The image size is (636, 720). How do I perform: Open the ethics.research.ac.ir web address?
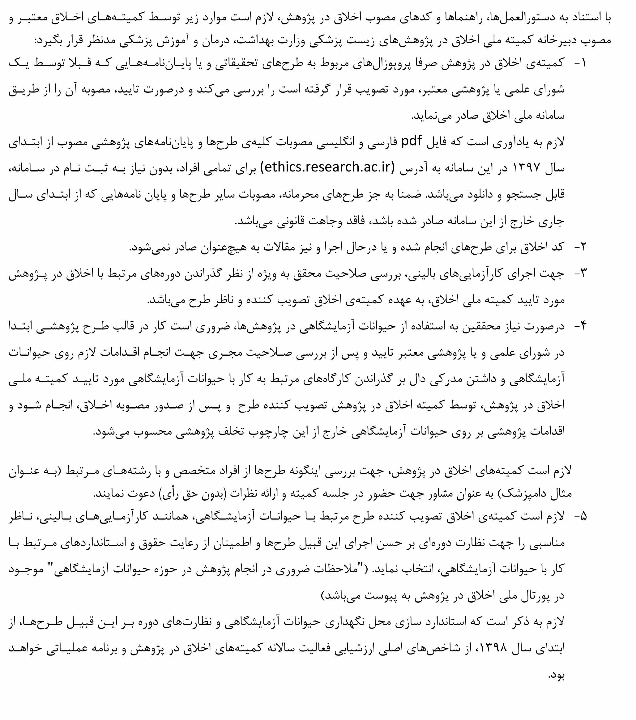[328, 167]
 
